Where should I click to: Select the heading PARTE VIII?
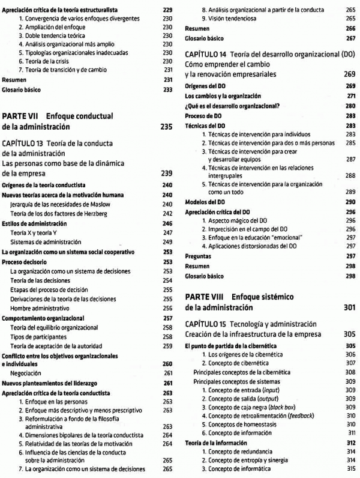point(202,296)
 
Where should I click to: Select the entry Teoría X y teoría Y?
point(35,232)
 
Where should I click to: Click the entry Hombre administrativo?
point(42,307)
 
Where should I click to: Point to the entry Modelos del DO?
point(203,202)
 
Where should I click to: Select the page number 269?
point(350,74)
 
